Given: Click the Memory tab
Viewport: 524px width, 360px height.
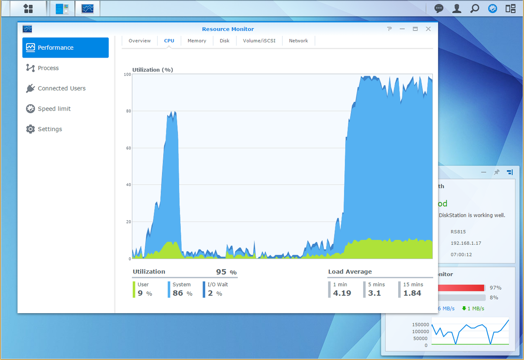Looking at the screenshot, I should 196,41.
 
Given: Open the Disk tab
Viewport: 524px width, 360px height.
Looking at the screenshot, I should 224,41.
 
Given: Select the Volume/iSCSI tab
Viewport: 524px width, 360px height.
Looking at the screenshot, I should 259,41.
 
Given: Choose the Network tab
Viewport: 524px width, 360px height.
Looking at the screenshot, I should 298,41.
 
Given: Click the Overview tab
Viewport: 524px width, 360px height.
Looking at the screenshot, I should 140,41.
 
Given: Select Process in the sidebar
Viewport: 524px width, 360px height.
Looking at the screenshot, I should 48,68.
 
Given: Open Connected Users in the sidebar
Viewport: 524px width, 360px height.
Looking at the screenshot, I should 62,88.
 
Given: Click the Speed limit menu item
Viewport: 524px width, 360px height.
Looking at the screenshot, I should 54,109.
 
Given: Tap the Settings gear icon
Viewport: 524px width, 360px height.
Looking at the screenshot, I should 30,129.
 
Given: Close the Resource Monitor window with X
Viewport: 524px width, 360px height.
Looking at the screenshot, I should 428,29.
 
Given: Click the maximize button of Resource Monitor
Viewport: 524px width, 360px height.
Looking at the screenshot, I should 415,29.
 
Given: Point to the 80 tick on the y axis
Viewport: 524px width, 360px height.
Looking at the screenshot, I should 128,111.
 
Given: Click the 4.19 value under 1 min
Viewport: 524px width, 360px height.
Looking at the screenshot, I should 342,293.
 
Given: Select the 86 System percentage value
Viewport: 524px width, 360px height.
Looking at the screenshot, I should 178,293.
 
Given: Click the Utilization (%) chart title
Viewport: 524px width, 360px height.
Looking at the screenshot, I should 153,70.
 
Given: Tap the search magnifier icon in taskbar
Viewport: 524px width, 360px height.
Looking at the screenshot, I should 475,9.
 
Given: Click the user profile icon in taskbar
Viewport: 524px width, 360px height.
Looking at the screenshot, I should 457,9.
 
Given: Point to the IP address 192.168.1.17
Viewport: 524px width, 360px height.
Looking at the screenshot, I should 466,243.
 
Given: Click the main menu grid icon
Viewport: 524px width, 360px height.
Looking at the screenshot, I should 28,9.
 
